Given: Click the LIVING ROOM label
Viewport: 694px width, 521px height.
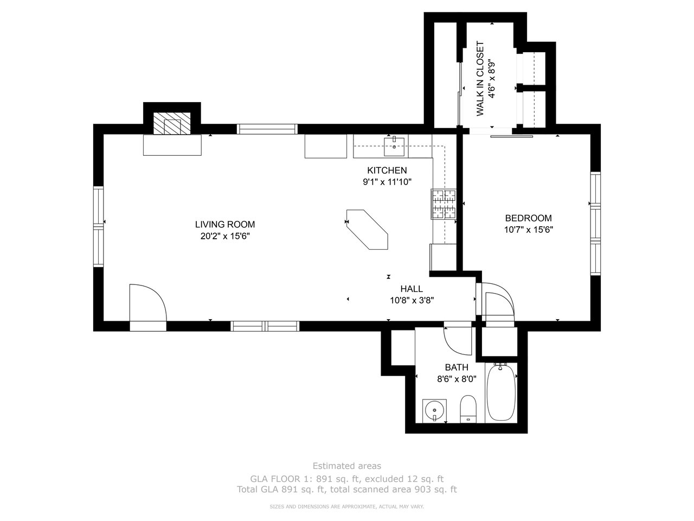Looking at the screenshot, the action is click(225, 224).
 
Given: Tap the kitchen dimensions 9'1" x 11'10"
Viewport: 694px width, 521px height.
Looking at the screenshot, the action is click(387, 182).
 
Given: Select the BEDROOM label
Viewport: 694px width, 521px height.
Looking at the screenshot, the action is click(528, 218).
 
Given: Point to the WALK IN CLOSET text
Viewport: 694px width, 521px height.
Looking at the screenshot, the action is click(480, 79).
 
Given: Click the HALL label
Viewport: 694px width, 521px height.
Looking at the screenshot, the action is click(412, 289).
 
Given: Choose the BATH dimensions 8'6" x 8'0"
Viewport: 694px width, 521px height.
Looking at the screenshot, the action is click(457, 379).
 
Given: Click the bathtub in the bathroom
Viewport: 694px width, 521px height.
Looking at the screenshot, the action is click(501, 392).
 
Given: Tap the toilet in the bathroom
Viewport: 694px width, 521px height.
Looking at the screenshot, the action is click(468, 408).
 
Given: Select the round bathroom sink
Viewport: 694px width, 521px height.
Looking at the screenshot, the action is click(434, 411).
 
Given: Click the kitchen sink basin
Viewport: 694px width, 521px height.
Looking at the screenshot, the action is click(394, 147).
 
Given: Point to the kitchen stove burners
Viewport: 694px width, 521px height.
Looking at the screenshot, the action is click(444, 204).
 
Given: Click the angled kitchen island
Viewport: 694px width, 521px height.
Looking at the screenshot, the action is click(367, 230).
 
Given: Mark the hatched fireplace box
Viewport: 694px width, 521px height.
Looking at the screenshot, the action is click(172, 123).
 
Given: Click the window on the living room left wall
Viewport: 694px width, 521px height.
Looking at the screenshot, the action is click(98, 226).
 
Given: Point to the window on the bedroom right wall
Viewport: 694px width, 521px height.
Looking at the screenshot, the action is click(595, 224).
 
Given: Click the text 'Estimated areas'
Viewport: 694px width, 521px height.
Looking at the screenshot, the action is click(347, 466).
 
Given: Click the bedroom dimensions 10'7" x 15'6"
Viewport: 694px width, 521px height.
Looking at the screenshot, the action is click(528, 230).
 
